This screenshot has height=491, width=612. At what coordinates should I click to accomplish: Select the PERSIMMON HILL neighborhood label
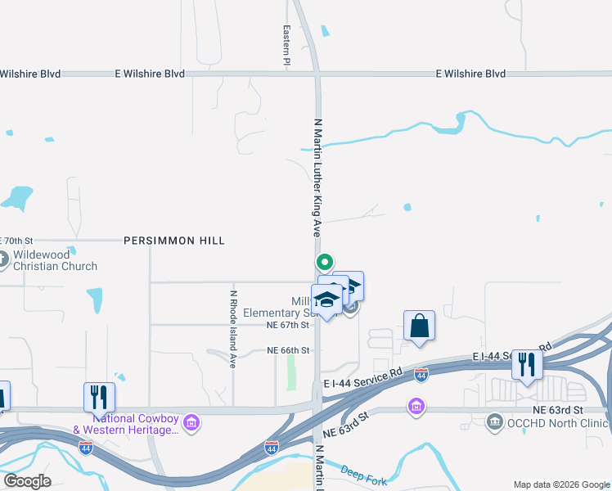point(173,241)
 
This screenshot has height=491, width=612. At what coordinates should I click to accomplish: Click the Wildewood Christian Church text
point(55,260)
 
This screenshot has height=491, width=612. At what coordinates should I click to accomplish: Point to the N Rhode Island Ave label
point(233,329)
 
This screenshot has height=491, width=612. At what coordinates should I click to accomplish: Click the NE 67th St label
point(288,325)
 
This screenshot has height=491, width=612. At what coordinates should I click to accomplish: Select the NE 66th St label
point(288,350)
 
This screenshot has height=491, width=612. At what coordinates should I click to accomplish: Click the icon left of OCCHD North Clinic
point(495,423)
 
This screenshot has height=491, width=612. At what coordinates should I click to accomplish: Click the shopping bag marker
point(419,326)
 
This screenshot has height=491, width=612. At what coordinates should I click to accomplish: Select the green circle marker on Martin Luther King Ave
point(324,263)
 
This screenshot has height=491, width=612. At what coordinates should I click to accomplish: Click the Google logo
point(26,481)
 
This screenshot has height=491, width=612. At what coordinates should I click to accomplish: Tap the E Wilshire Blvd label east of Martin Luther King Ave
point(470,74)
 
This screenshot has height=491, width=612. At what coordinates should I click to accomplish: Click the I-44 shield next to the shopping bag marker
point(421,375)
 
